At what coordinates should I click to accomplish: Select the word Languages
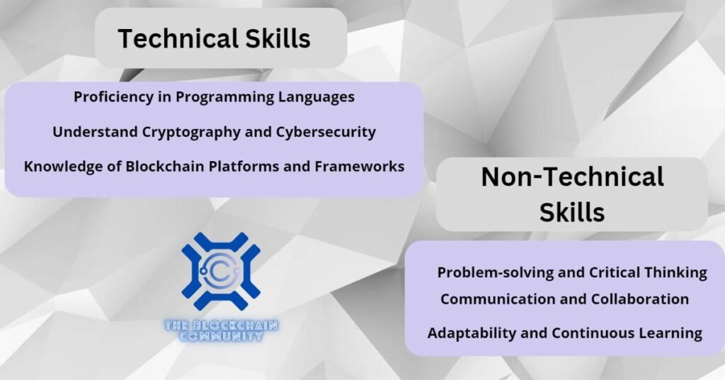click(316, 97)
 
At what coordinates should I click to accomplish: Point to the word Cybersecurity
click(326, 133)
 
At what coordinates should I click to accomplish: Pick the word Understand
click(96, 132)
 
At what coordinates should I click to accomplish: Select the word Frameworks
click(360, 166)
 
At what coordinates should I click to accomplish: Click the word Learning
click(670, 333)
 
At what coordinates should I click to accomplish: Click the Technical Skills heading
click(214, 38)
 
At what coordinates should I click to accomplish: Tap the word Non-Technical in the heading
click(572, 177)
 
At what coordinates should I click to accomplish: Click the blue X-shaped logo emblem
click(221, 272)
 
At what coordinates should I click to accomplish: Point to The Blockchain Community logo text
click(221, 331)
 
